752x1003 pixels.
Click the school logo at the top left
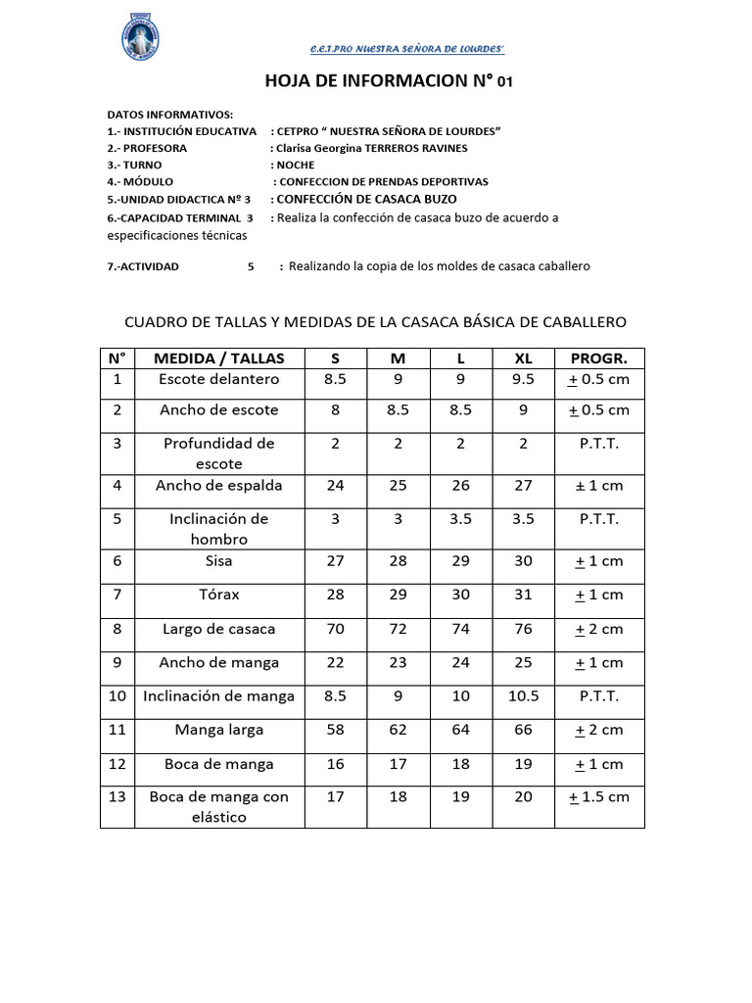coord(133,38)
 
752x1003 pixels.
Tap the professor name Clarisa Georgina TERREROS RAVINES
coord(372,148)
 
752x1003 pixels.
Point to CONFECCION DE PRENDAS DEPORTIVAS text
coord(383,181)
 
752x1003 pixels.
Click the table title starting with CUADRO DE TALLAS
coord(372,321)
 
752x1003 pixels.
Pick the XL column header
coord(523,358)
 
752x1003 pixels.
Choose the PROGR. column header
coord(599,358)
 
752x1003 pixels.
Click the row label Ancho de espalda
coord(219,486)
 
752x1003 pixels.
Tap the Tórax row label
coord(219,595)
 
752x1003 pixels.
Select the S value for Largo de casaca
coord(335,629)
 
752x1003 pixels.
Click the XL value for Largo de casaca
coord(523,629)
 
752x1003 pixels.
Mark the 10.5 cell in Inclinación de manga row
coord(523,696)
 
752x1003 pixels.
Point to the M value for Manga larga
coord(398,730)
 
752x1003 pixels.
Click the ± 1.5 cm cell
coord(599,796)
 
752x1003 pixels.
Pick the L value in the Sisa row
coord(460,561)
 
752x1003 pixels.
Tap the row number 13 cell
coord(117,796)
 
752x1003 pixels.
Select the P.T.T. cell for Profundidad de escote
coord(599,443)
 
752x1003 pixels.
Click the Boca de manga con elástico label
coord(219,806)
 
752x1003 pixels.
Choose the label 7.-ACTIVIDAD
coord(143,266)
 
